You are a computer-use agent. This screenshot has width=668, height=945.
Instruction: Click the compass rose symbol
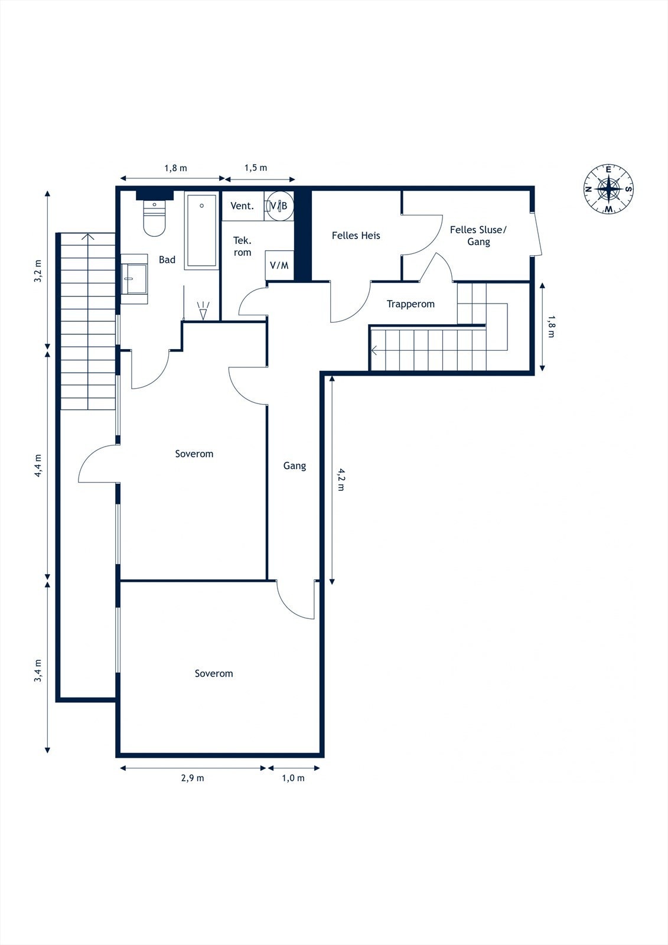click(608, 188)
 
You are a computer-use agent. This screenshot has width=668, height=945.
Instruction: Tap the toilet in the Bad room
click(154, 218)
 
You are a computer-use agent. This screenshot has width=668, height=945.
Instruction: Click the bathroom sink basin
click(134, 279)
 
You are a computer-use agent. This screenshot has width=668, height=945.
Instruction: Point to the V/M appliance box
click(279, 265)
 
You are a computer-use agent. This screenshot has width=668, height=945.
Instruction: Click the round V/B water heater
click(279, 206)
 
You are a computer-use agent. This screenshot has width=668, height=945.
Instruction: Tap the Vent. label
click(242, 206)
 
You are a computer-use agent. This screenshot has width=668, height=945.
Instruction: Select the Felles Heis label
click(356, 236)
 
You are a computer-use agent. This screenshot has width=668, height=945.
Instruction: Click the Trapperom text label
click(410, 304)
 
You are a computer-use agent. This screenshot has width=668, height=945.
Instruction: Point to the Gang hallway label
click(295, 466)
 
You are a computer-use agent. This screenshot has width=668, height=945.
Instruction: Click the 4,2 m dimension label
click(341, 480)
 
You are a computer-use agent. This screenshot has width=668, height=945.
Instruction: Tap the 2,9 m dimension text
click(193, 778)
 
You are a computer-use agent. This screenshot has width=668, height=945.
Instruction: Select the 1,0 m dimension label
click(294, 778)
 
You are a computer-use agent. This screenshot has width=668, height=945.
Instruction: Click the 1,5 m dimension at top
click(256, 168)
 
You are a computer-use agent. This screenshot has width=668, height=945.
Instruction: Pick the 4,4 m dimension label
click(38, 466)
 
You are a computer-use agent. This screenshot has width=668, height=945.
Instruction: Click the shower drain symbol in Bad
click(203, 310)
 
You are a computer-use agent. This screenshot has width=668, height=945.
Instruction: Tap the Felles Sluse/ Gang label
click(478, 236)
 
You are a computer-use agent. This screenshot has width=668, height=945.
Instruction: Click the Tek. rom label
click(242, 246)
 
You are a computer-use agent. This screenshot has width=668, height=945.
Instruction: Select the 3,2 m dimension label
click(38, 271)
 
